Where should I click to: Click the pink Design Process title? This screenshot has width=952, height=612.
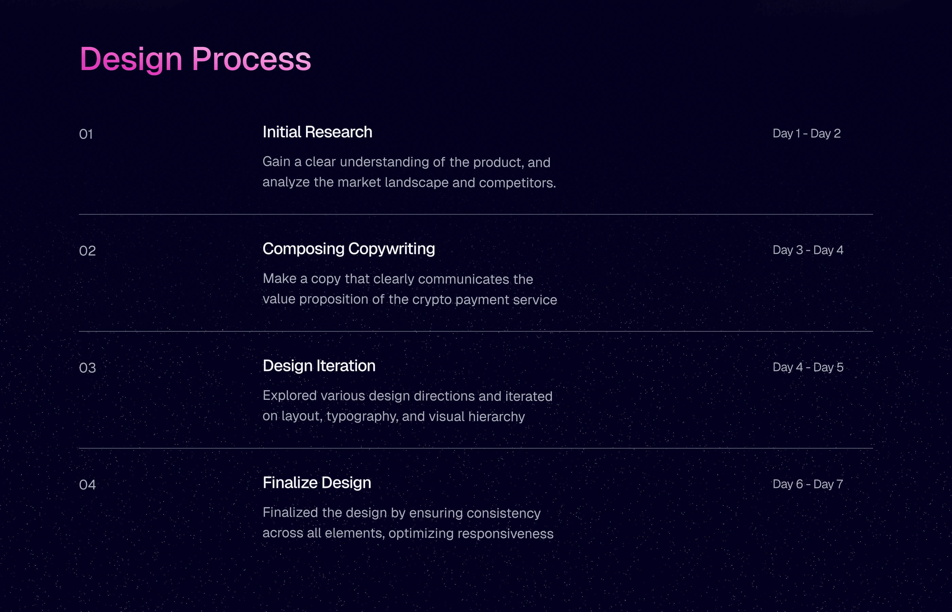[195, 59]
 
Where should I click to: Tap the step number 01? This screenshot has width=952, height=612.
[86, 134]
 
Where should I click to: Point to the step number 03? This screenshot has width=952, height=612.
[87, 368]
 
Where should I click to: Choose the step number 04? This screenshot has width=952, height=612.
[87, 485]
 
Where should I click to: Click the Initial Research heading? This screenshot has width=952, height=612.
[318, 132]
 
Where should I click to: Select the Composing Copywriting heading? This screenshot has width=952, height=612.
[349, 249]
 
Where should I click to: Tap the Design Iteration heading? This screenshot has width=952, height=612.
[319, 366]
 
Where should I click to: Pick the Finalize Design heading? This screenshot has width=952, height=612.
[317, 483]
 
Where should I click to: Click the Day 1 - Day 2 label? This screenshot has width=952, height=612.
[806, 134]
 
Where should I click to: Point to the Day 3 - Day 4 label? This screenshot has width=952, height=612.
[808, 250]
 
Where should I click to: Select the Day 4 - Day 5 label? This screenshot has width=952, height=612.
[808, 367]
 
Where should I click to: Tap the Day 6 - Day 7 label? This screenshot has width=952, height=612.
[808, 484]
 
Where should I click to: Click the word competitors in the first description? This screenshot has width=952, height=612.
[517, 183]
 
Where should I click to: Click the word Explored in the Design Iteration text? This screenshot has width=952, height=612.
[290, 396]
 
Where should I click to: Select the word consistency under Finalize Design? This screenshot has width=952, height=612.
[504, 513]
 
